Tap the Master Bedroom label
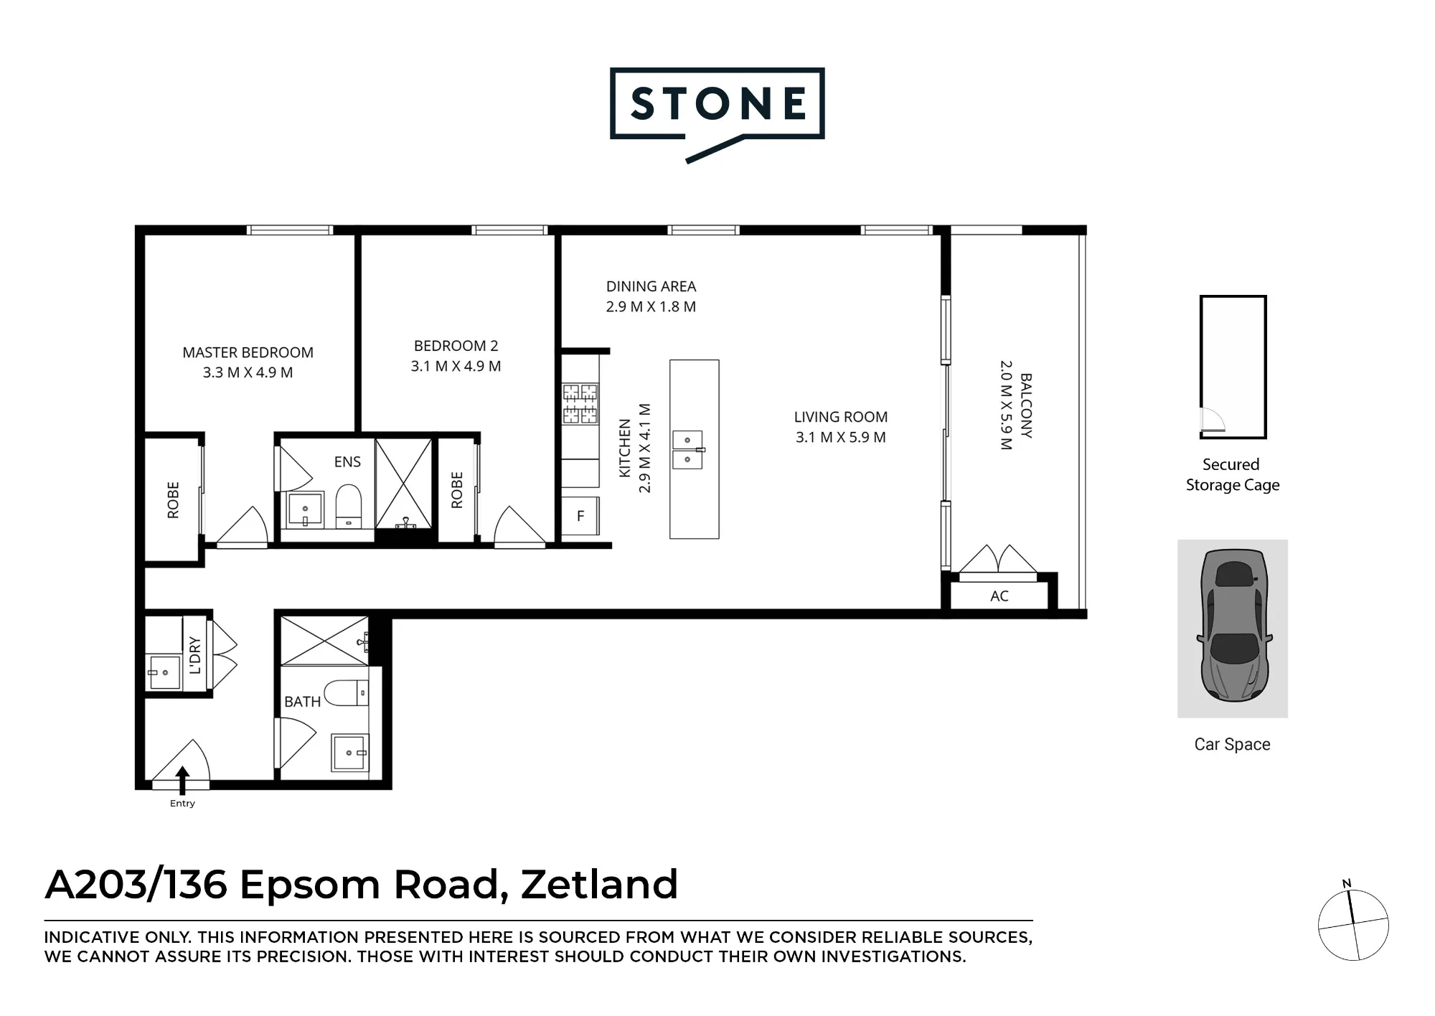point(248,352)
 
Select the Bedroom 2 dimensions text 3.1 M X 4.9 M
point(456,366)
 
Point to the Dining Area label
point(651,286)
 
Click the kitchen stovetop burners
point(580,403)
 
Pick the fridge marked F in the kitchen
point(580,515)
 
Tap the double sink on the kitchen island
point(687,450)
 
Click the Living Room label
point(841,417)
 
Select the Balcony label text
point(1026,405)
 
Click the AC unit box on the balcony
point(999,596)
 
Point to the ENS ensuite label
point(347,462)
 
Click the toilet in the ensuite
point(349,506)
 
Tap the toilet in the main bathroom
point(347,693)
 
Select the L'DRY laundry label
point(195,654)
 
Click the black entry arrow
point(182,780)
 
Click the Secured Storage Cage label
point(1233,475)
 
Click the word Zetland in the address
point(599,884)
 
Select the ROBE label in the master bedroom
point(173,499)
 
